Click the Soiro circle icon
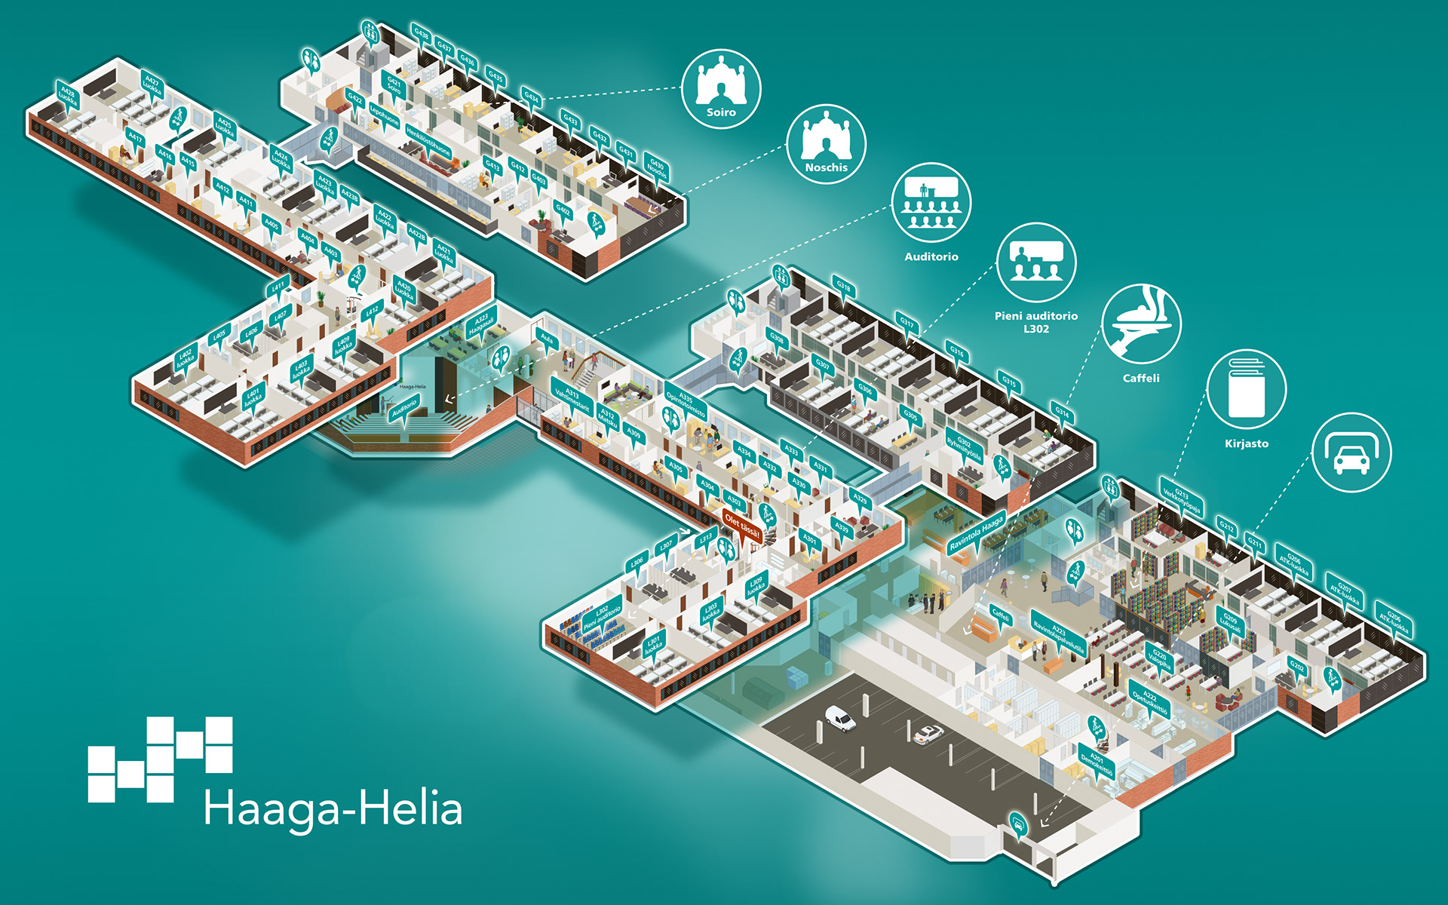click(x=721, y=89)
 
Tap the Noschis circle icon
click(x=826, y=144)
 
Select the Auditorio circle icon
click(x=931, y=203)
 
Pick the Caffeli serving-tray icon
click(x=1141, y=324)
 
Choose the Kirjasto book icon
click(x=1246, y=389)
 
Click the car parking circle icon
click(x=1351, y=452)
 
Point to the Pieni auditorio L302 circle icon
click(x=1035, y=262)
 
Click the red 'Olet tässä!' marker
click(x=742, y=525)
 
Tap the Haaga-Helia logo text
click(x=333, y=809)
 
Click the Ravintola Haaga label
click(x=977, y=532)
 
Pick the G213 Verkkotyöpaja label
click(x=1182, y=500)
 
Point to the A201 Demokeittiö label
click(x=1097, y=762)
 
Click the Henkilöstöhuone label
click(x=428, y=141)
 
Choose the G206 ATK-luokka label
click(x=1393, y=621)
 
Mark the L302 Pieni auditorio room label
click(x=603, y=618)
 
